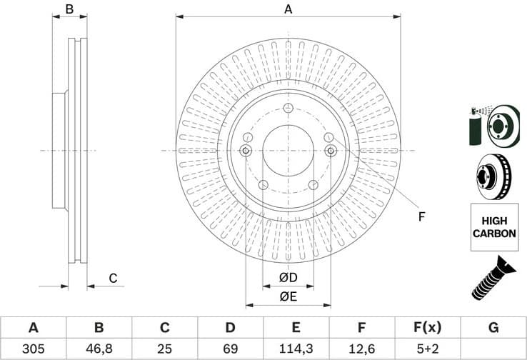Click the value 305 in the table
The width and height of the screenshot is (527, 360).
(x=33, y=349)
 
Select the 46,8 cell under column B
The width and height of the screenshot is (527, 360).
(x=99, y=349)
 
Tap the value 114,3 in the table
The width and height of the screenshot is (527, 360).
(x=296, y=349)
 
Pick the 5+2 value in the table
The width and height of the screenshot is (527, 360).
(x=428, y=349)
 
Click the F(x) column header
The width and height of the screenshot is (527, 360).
(x=428, y=328)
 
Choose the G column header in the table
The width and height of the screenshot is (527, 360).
(x=493, y=328)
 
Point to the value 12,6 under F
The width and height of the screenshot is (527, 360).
(x=362, y=349)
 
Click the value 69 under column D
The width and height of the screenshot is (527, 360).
(x=230, y=349)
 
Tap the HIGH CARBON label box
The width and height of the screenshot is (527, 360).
(x=493, y=227)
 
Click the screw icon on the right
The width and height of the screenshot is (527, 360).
(x=492, y=279)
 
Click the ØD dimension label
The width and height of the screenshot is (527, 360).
(x=288, y=277)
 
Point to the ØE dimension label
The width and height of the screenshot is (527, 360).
(x=288, y=296)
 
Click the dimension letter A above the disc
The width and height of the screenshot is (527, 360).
(x=288, y=9)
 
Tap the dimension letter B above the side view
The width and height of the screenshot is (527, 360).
(x=69, y=9)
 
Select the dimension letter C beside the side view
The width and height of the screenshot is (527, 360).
(x=112, y=279)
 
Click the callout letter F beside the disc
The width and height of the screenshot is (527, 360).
(x=421, y=216)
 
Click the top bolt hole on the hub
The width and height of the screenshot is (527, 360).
(x=288, y=108)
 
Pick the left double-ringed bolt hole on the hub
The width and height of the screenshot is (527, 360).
(x=246, y=150)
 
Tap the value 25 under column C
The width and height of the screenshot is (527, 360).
(x=164, y=349)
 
